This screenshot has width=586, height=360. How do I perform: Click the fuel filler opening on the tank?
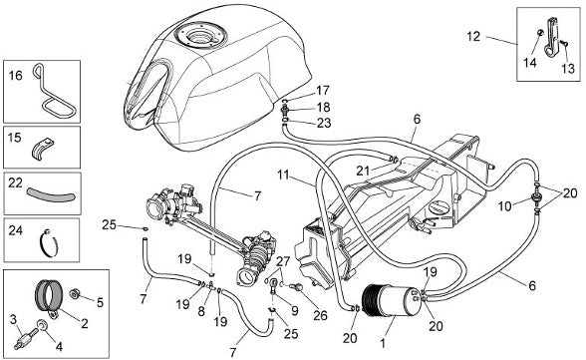click(x=201, y=36)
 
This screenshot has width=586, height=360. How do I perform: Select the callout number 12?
click(x=473, y=37)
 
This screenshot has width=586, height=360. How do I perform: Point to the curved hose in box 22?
click(x=51, y=194)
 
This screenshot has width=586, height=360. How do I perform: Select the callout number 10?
click(x=505, y=206)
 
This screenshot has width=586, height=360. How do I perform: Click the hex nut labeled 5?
click(x=75, y=294)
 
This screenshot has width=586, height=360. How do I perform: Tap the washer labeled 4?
click(x=40, y=325)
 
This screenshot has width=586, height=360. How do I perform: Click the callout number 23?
click(x=324, y=123)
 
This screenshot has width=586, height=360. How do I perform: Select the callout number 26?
click(x=320, y=315)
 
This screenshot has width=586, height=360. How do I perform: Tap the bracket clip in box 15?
click(x=42, y=148)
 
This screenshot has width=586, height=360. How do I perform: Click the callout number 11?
click(x=283, y=175)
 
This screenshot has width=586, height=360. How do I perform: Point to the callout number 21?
click(x=363, y=171)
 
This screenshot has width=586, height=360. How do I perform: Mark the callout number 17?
click(x=323, y=91)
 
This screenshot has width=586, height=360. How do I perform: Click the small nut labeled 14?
click(x=539, y=33)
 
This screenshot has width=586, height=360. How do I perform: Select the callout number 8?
click(x=201, y=311)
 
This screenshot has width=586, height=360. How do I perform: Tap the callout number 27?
click(x=283, y=261)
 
